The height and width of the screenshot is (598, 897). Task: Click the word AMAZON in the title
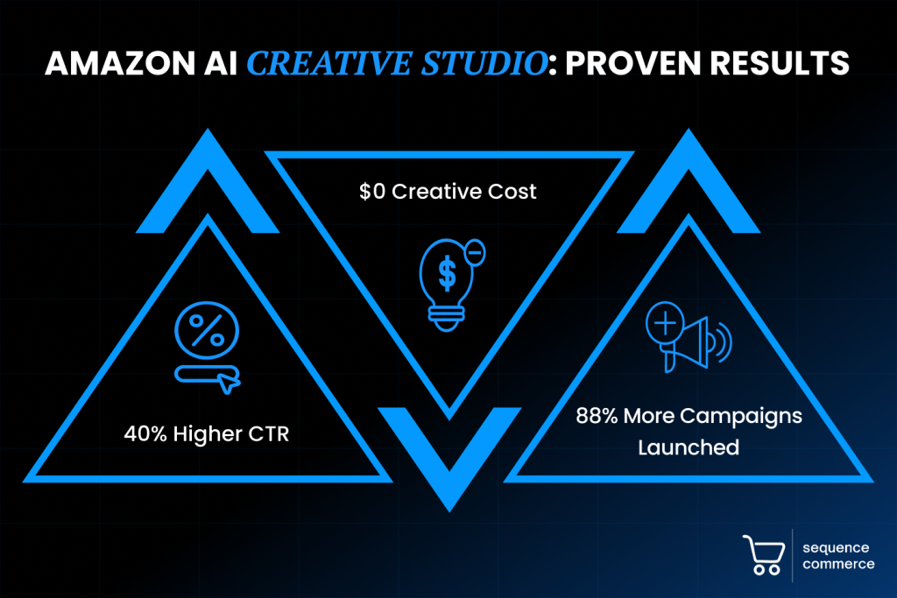tap(120, 63)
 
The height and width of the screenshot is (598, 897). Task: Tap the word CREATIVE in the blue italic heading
tap(329, 63)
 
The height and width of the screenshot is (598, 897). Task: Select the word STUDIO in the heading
tap(484, 63)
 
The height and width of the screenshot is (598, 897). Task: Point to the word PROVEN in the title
tap(632, 63)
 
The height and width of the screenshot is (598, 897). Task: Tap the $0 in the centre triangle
tap(372, 192)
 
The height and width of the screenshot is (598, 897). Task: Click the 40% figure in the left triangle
tap(145, 434)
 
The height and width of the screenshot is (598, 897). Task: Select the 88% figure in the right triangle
tap(597, 416)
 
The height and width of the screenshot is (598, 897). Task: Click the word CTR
tap(270, 434)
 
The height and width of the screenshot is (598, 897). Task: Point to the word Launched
tap(689, 447)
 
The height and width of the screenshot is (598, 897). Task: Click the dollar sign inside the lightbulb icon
tap(448, 273)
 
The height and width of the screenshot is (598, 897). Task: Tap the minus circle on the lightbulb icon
tap(475, 252)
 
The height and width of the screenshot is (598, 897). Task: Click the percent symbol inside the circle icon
tap(207, 330)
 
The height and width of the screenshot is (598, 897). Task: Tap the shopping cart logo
tap(764, 554)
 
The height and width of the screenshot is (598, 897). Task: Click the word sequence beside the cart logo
tap(836, 548)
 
